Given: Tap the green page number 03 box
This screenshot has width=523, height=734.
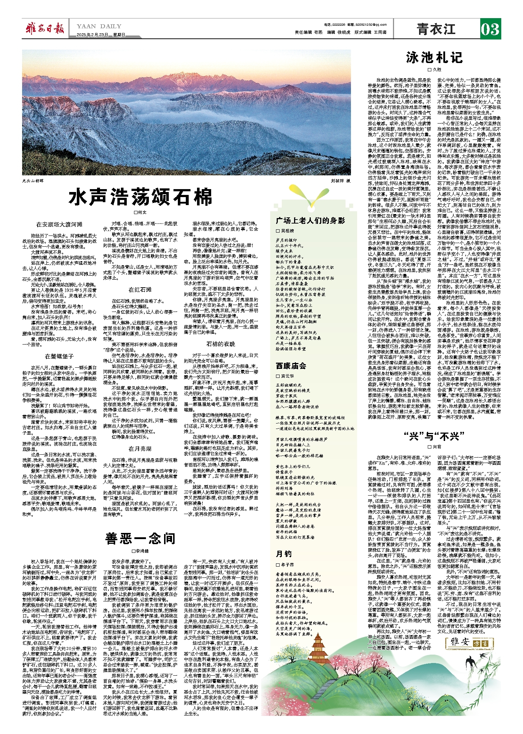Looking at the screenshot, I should coord(490,29).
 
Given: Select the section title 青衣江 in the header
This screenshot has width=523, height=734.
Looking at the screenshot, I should coord(436,29).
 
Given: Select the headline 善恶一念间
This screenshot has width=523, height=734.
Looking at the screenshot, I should coord(140,538).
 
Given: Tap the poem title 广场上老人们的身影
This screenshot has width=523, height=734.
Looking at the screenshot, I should coord(310,221).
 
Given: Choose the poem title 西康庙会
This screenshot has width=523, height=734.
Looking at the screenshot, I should coord(291,366).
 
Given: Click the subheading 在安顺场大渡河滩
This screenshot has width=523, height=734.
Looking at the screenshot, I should coord(59,225).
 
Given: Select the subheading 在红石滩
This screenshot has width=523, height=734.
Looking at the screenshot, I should coord(140,290).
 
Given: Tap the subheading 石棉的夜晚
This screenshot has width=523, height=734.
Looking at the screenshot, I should coord(221,344).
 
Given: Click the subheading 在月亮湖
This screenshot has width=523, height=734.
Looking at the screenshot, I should coord(140,449).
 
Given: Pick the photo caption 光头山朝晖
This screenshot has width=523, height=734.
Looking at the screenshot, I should coord(33,180).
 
